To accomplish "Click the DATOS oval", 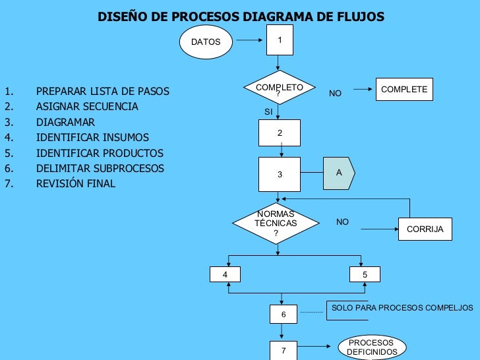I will pyautogui.click(x=206, y=42).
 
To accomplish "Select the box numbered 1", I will pyautogui.click(x=280, y=41).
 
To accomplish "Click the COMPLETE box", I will pyautogui.click(x=404, y=90).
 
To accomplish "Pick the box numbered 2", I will pyautogui.click(x=280, y=133).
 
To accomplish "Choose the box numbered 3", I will pyautogui.click(x=280, y=174).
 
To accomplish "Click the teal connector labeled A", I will pyautogui.click(x=338, y=173).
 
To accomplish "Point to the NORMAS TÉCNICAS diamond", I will pyautogui.click(x=276, y=224).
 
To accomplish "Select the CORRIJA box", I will pyautogui.click(x=425, y=229).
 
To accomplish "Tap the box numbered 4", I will pyautogui.click(x=225, y=274).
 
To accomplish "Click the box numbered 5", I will pyautogui.click(x=365, y=274).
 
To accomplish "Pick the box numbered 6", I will pyautogui.click(x=284, y=315).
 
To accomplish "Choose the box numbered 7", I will pyautogui.click(x=284, y=350).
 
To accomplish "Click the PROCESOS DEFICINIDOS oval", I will pyautogui.click(x=372, y=347).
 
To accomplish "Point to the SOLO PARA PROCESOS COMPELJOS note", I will pyautogui.click(x=402, y=308).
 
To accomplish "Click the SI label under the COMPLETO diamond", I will pyautogui.click(x=268, y=112).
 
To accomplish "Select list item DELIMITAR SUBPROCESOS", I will pyautogui.click(x=100, y=168).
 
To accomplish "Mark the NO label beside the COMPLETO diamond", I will pyautogui.click(x=335, y=94).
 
